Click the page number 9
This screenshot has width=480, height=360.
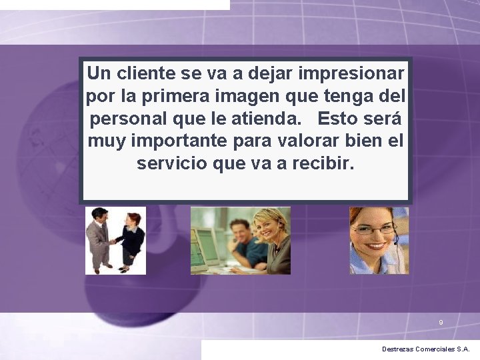[441, 323]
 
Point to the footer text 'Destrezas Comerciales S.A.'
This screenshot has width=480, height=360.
[425, 349]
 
